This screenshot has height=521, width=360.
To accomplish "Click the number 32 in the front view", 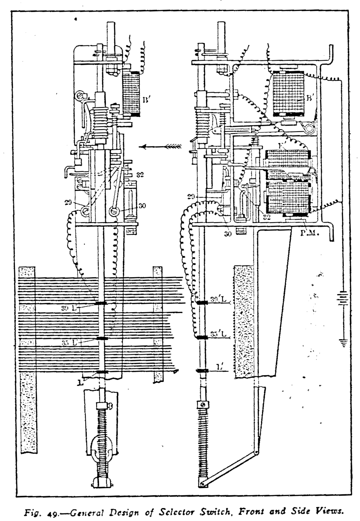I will [x=140, y=175].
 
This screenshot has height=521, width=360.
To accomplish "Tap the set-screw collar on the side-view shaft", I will [x=202, y=404].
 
